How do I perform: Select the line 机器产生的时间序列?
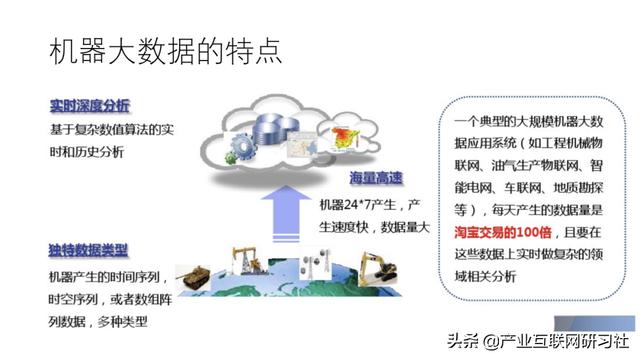click(x=110, y=275)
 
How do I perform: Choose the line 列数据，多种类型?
click(x=103, y=322)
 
